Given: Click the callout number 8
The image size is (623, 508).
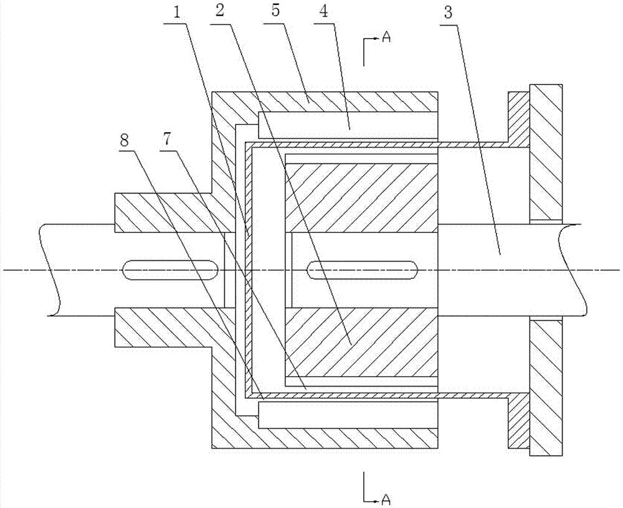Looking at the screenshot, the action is [125, 141].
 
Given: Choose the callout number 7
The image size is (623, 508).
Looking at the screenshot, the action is [166, 141].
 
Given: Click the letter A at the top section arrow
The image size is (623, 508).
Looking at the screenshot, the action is [386, 37].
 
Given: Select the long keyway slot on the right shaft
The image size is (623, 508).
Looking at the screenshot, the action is [361, 270].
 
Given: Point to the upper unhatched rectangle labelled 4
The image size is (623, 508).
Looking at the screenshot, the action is [348, 126].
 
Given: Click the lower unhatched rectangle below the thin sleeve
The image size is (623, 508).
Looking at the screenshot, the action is [348, 415].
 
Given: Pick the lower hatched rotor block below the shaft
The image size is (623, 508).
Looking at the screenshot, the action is [361, 342].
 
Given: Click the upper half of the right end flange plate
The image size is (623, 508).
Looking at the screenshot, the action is [546, 153].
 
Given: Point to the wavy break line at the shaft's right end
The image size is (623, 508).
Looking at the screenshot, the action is [572, 270].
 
